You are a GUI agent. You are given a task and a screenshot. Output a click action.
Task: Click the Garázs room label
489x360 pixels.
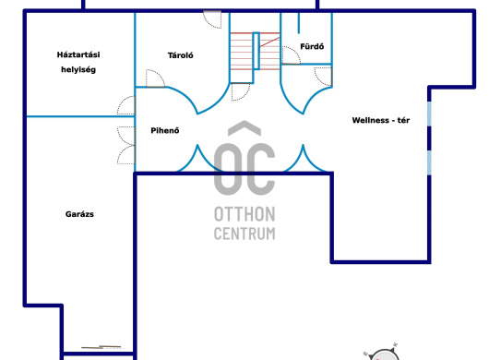pyautogui.click(x=79, y=214)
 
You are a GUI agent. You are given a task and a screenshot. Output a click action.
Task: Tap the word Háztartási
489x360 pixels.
pyautogui.click(x=78, y=54)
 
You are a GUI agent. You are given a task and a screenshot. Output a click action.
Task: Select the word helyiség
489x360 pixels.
pyautogui.click(x=78, y=69)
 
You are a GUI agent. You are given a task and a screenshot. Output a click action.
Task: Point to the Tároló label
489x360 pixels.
pyautogui.click(x=181, y=55)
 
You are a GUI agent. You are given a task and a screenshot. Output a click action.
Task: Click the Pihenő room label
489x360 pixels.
pyautogui.click(x=165, y=130)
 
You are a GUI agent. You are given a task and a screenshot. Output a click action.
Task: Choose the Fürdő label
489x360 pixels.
pyautogui.click(x=312, y=46)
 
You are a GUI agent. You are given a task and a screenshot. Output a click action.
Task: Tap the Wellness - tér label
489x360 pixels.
pyautogui.click(x=381, y=120)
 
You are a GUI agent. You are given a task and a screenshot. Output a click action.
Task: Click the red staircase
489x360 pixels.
pyautogui.click(x=255, y=51)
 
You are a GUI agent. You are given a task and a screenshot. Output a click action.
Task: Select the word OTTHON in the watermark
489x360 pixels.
pyautogui.click(x=244, y=214)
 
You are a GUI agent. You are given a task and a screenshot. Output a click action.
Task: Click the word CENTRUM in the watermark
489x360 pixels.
pyautogui.click(x=244, y=234)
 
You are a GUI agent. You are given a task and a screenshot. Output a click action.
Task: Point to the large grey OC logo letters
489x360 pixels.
pyautogui.click(x=244, y=169)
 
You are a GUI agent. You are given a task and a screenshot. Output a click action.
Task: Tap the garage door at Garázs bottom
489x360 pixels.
pyautogui.click(x=101, y=347)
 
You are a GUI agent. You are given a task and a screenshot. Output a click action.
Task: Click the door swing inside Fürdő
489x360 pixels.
pyautogui.click(x=291, y=55)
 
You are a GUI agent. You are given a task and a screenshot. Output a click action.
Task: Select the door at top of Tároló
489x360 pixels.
pyautogui.click(x=213, y=19)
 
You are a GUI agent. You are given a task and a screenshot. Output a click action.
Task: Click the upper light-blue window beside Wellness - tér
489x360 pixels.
pyautogui.click(x=429, y=114)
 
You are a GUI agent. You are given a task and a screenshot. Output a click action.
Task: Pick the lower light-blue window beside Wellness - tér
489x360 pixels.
pyautogui.click(x=429, y=162)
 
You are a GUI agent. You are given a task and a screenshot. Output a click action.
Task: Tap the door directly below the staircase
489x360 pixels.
pyautogui.click(x=241, y=91)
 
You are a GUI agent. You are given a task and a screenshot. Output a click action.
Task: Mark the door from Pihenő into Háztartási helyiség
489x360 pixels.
pyautogui.click(x=126, y=105)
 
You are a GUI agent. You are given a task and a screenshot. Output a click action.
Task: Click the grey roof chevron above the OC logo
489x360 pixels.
pyautogui.click(x=244, y=128)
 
